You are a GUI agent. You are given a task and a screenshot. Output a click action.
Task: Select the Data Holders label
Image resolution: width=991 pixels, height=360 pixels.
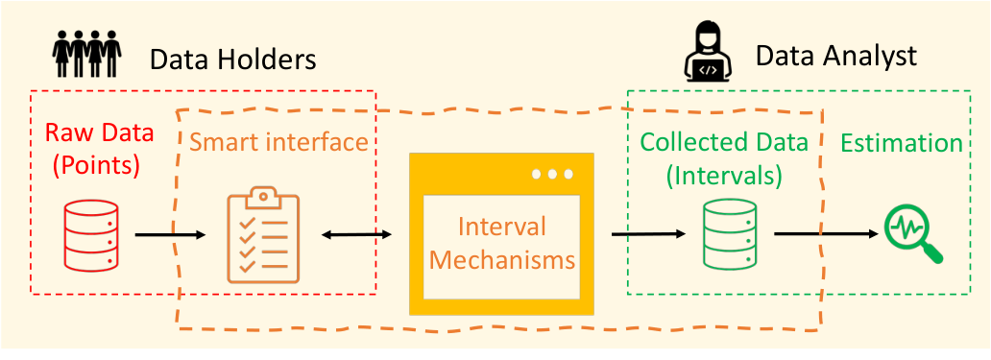[x=232, y=60]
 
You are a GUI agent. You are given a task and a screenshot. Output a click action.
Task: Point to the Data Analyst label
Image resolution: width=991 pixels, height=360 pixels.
[x=836, y=57]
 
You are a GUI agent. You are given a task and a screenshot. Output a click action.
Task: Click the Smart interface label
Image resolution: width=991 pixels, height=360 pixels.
[x=279, y=143]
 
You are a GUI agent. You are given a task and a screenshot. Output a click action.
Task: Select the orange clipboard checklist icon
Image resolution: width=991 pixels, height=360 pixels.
[x=263, y=234]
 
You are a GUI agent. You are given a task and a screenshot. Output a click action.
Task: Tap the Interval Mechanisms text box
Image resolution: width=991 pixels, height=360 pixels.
[x=501, y=247]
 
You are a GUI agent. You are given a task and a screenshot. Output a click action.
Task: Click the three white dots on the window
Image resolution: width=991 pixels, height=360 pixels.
[x=552, y=174]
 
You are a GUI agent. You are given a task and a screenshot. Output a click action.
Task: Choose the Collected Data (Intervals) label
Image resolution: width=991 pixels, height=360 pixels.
[x=724, y=159]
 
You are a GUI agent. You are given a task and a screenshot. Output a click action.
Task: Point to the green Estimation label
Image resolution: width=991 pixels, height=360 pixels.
[x=902, y=143]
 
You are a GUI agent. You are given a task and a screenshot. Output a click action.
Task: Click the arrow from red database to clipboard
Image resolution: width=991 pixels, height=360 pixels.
[x=171, y=235]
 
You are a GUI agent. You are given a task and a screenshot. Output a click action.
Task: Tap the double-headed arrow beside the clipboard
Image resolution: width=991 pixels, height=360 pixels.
[x=356, y=235]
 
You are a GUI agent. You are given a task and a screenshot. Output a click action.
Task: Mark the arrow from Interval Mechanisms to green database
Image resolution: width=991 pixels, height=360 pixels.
[x=648, y=234]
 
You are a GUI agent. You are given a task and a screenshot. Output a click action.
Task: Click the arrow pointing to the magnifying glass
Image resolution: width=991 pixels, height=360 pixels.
[x=827, y=234]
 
